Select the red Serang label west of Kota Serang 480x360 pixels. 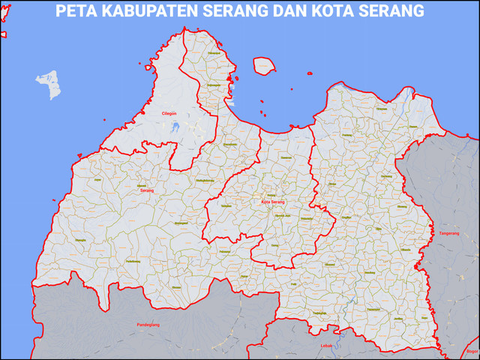point(146,191)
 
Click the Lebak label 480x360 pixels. point(326,345)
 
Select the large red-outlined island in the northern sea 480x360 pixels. point(264,66)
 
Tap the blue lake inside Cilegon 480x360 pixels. point(175,126)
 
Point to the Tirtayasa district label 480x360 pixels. point(380,109)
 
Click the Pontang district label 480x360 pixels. point(339,114)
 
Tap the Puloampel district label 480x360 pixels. point(214,53)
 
